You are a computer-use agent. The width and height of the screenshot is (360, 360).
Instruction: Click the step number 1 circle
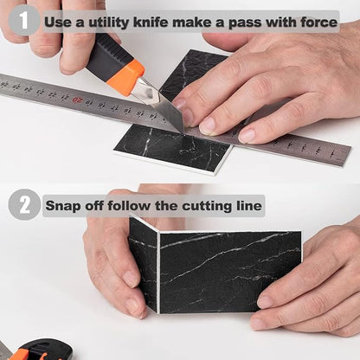[x=24, y=19]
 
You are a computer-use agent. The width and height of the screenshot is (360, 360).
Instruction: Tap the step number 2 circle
[x=24, y=205]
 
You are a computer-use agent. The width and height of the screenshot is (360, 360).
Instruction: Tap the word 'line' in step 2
[x=249, y=206]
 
